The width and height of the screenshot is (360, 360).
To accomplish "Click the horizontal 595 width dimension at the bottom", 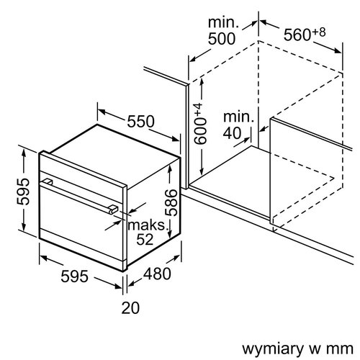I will pos(73,276).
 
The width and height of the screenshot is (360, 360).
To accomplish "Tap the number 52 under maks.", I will pos(145,240).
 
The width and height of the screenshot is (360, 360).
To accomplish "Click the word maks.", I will pos(146,225).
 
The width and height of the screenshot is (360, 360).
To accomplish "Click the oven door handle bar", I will pos(79,194).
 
